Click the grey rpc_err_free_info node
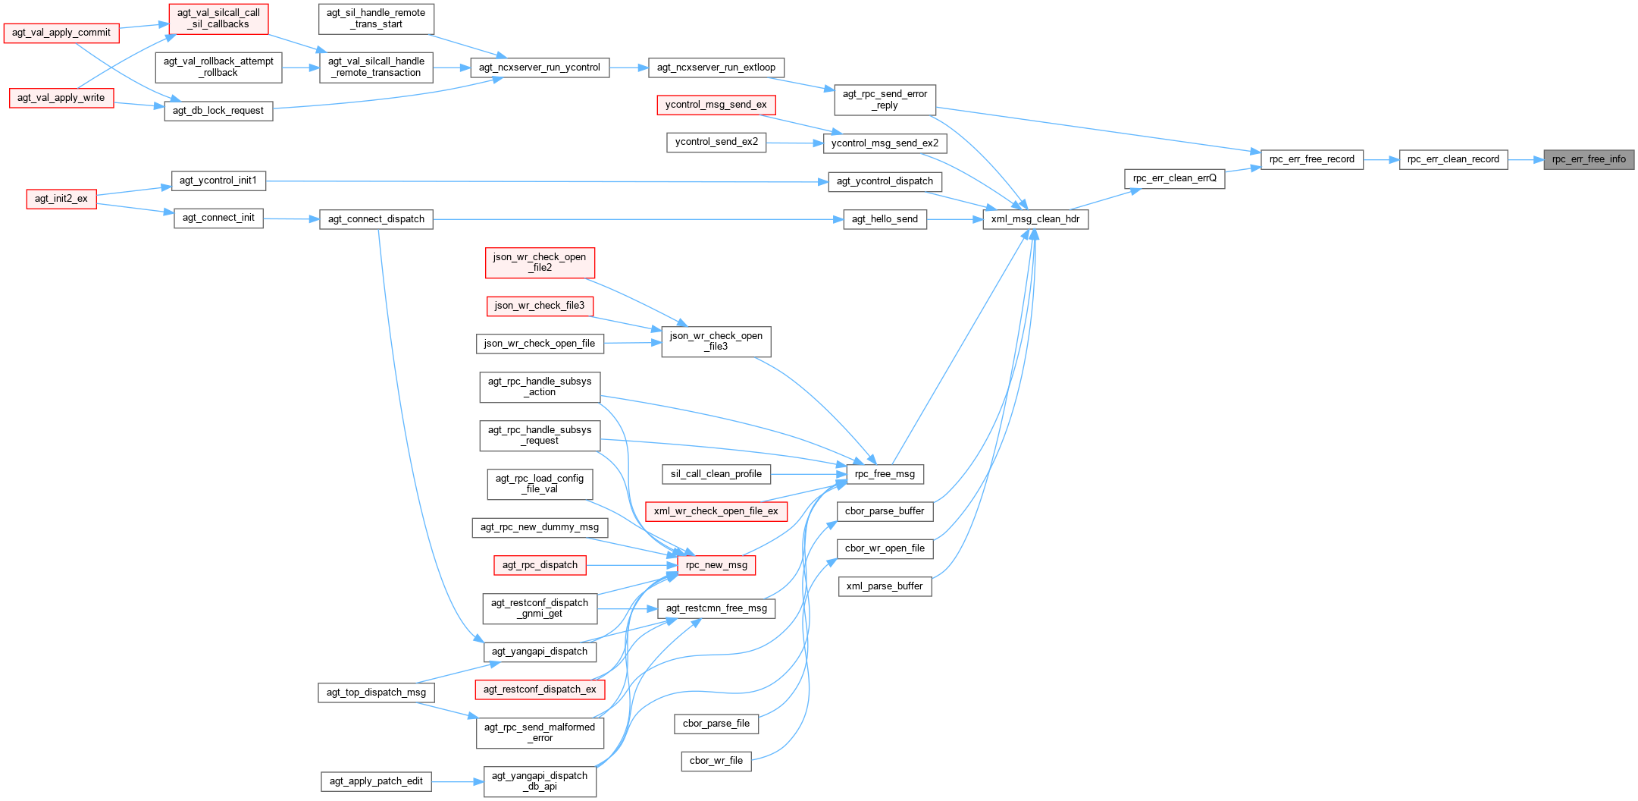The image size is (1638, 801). point(1589,159)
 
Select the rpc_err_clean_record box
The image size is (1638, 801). point(1453,159)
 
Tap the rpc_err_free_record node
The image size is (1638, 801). point(1311,159)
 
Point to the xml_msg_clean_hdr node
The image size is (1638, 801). point(1035,219)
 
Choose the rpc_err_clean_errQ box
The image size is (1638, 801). point(1174,178)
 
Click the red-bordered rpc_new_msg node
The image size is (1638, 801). point(716,565)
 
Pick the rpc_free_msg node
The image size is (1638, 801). point(885,474)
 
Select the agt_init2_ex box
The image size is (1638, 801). point(61,199)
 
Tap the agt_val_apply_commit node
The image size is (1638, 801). point(61,33)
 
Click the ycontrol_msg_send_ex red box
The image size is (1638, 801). point(716,105)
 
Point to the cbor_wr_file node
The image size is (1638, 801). point(716,761)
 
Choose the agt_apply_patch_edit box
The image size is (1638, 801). point(376,781)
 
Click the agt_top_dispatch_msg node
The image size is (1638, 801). point(376,693)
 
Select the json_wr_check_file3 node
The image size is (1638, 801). point(539,306)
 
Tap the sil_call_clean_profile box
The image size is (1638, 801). point(716,474)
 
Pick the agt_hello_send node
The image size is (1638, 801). point(885,219)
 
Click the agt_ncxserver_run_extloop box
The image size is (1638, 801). point(716,68)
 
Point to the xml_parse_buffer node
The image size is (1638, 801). point(885,586)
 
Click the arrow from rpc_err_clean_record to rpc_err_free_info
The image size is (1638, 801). point(1525,159)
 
